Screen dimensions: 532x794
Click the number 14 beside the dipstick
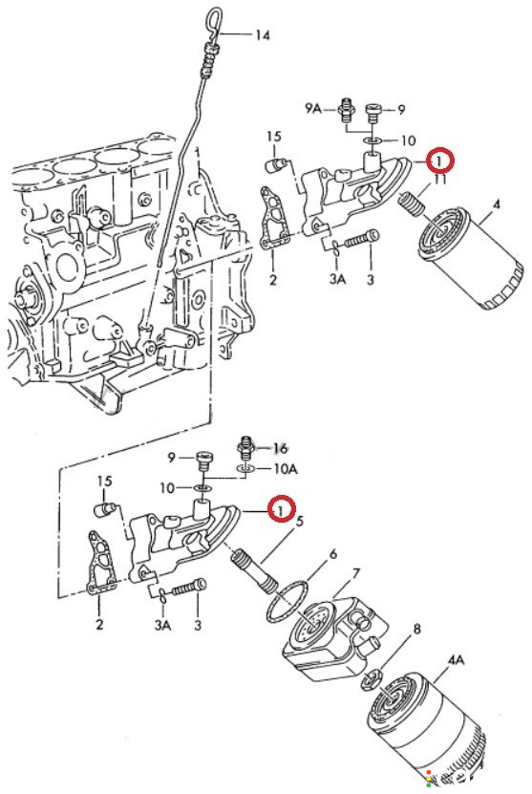tap(263, 35)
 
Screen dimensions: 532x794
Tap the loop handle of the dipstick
tap(213, 24)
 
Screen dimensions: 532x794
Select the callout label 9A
tap(313, 108)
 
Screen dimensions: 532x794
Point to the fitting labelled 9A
tap(347, 109)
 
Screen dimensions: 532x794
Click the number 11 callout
tap(439, 180)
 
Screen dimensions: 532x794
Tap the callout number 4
tap(496, 204)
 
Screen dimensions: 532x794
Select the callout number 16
tap(280, 447)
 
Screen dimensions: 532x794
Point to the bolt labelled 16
tap(246, 446)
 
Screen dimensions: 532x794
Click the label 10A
tap(286, 469)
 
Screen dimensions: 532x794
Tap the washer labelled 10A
tap(246, 469)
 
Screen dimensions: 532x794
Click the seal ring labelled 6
tap(287, 603)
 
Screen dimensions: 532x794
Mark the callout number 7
tap(356, 574)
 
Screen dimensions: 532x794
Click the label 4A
tap(456, 660)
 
